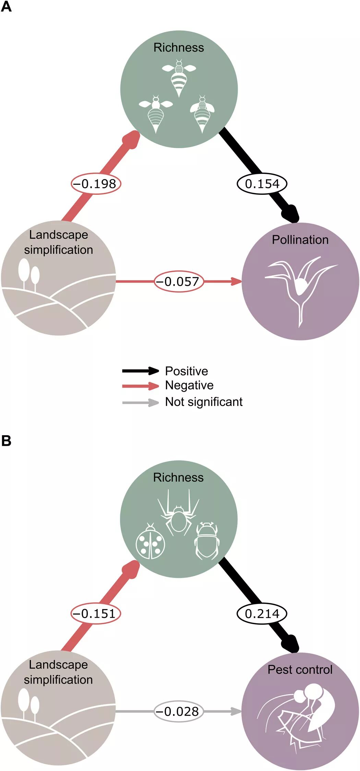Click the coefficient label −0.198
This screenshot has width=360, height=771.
(96, 184)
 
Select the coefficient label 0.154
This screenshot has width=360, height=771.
(262, 184)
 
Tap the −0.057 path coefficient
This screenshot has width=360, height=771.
(179, 282)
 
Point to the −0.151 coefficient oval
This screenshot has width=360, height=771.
(96, 614)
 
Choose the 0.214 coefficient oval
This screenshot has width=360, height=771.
(262, 614)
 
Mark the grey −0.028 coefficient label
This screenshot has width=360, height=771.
(178, 711)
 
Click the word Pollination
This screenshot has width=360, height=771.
(300, 240)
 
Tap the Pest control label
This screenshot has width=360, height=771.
(300, 669)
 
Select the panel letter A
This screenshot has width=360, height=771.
(6, 7)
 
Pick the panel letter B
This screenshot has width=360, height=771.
(6, 441)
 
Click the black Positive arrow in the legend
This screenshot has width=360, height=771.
(140, 371)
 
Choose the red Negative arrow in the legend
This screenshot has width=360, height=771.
(140, 386)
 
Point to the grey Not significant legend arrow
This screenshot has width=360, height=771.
(140, 402)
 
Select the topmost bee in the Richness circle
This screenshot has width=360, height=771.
(179, 77)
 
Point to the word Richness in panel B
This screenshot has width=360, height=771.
(178, 477)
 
